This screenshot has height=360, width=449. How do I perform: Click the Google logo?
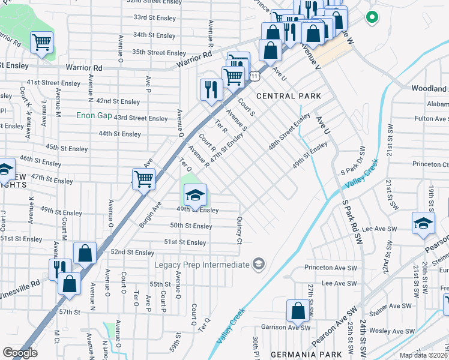[x=20, y=353]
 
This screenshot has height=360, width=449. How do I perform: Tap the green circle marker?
[x=372, y=17]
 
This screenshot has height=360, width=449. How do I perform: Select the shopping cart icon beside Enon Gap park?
[x=41, y=43]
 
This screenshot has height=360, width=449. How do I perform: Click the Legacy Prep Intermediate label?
[x=201, y=265]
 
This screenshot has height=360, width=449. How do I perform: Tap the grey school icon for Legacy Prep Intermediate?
[x=258, y=264]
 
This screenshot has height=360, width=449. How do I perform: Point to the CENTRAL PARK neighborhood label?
[x=288, y=96]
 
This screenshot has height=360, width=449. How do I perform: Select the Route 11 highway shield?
[x=256, y=76]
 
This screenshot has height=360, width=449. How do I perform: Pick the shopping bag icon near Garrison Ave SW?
[x=298, y=311]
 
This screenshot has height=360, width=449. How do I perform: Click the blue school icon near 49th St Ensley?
[x=195, y=194]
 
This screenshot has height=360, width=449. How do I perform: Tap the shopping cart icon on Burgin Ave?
[x=143, y=179]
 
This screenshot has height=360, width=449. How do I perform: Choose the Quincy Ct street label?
[x=239, y=230]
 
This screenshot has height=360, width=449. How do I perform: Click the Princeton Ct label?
[x=430, y=164]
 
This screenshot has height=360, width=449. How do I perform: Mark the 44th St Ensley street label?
[x=119, y=134]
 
